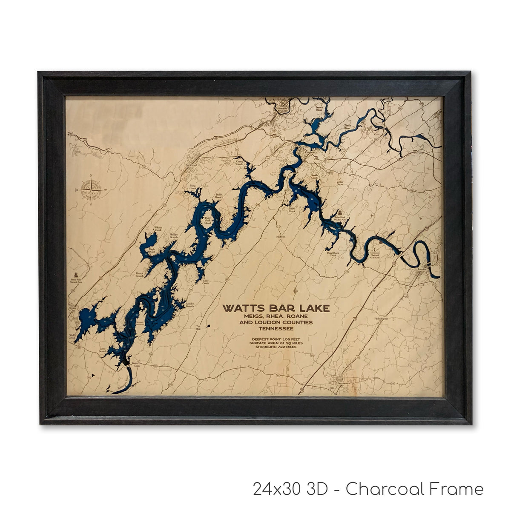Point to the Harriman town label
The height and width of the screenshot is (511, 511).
[282, 109]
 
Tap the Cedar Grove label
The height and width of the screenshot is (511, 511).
[340, 184]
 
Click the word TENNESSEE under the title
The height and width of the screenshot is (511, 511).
[276, 328]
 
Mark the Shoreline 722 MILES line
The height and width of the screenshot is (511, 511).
[276, 346]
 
